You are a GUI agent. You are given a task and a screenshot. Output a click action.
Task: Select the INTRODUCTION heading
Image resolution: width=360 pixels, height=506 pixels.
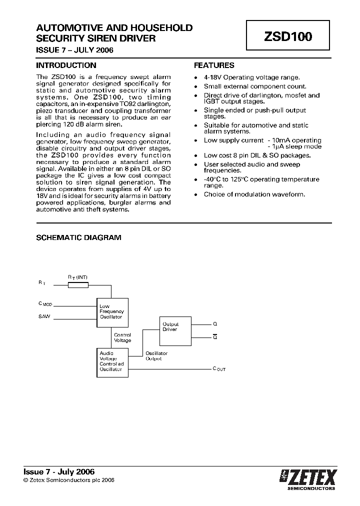(66, 65)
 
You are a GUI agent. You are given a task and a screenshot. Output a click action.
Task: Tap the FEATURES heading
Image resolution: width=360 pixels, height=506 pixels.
(214, 65)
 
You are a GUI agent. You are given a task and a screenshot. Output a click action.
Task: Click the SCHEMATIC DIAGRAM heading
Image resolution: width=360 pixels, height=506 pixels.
(78, 238)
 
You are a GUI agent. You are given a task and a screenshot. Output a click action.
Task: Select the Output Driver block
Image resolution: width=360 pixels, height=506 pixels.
(175, 331)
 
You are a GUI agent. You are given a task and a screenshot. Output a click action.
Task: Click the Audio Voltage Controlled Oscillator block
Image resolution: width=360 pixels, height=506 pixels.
(112, 362)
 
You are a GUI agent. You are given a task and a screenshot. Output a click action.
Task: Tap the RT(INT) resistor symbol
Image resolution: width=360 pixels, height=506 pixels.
(78, 285)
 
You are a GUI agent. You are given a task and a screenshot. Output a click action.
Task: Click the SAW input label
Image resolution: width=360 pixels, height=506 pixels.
(44, 316)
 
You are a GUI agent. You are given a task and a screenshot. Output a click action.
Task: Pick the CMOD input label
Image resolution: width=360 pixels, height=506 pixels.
(45, 303)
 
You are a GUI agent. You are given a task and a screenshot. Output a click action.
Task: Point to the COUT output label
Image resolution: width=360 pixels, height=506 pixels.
(219, 369)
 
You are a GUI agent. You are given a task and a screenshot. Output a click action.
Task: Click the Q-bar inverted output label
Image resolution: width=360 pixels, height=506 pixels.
(215, 337)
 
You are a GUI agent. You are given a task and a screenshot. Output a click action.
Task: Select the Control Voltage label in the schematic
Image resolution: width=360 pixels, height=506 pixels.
(122, 338)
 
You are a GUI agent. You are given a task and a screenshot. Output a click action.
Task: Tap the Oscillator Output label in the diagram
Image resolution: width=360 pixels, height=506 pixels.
(156, 356)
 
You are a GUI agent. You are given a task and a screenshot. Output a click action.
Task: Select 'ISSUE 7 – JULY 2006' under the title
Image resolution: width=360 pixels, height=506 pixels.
(74, 50)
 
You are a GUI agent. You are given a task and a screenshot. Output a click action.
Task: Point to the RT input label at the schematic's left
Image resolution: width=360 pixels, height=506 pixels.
(41, 283)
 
